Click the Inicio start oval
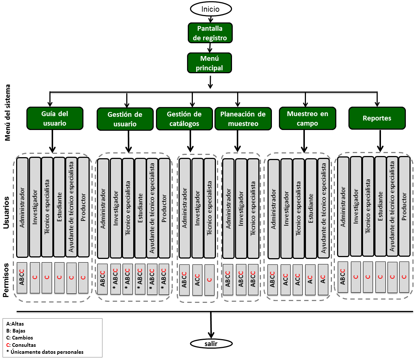[211, 9]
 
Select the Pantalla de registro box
[210, 33]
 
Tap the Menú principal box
[209, 63]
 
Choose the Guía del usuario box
[55, 118]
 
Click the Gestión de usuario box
[125, 119]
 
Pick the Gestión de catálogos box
[184, 119]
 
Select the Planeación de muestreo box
[243, 119]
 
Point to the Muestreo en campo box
[307, 118]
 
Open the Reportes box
[377, 118]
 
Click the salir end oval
[211, 344]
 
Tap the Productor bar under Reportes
[404, 207]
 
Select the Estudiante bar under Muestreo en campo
[311, 208]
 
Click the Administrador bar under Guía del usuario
[22, 207]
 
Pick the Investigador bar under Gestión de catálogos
[198, 208]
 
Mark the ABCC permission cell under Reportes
[343, 277]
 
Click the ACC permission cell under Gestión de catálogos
[198, 280]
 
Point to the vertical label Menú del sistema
[7, 112]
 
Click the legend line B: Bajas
[16, 331]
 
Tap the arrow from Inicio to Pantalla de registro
[211, 19]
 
